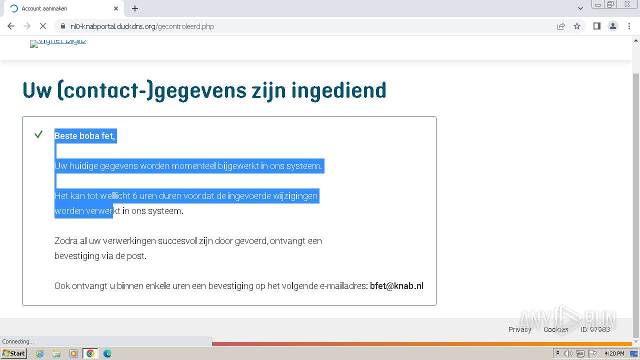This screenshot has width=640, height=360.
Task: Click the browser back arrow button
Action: click(11, 26)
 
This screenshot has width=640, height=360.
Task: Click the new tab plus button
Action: click(135, 8)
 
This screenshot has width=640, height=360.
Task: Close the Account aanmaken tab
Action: click(116, 8)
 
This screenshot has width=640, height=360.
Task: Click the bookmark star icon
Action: click(577, 26)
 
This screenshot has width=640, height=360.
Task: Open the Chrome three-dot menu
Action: click(629, 26)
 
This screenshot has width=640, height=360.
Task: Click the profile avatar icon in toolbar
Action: click(612, 26)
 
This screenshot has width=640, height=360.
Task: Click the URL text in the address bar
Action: click(142, 26)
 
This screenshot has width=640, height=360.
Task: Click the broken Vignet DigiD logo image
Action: click(58, 42)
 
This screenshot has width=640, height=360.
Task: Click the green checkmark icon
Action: click(38, 134)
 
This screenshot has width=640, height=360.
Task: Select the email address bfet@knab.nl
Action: click(396, 286)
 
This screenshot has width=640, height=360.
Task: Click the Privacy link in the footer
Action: click(519, 329)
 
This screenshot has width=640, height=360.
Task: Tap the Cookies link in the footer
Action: click(555, 329)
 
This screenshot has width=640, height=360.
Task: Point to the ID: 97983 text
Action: click(595, 329)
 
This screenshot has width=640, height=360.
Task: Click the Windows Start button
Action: click(13, 353)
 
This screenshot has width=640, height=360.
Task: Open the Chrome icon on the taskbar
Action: click(90, 353)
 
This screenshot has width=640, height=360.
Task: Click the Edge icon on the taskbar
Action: click(107, 353)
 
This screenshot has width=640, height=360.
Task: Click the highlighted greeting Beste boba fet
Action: click(85, 135)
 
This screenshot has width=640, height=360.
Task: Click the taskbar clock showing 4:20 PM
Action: click(614, 353)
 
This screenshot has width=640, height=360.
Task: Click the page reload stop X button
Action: click(43, 26)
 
